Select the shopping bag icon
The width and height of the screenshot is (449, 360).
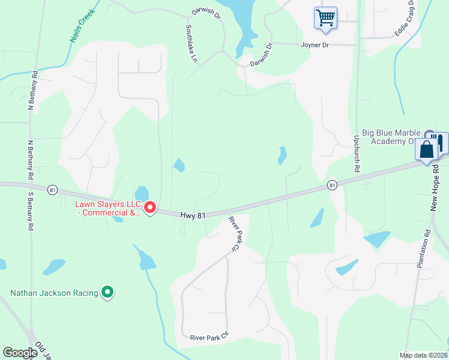(x=427, y=149)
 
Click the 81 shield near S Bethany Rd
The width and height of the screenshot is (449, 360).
(x=53, y=190)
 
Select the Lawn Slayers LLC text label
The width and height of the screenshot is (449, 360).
(x=106, y=208)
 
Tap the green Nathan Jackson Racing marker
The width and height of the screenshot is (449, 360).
(x=107, y=292)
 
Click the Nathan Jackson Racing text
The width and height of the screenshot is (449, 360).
(x=54, y=293)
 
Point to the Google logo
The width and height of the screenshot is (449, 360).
(x=20, y=353)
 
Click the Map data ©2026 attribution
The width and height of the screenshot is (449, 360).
(x=423, y=355)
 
